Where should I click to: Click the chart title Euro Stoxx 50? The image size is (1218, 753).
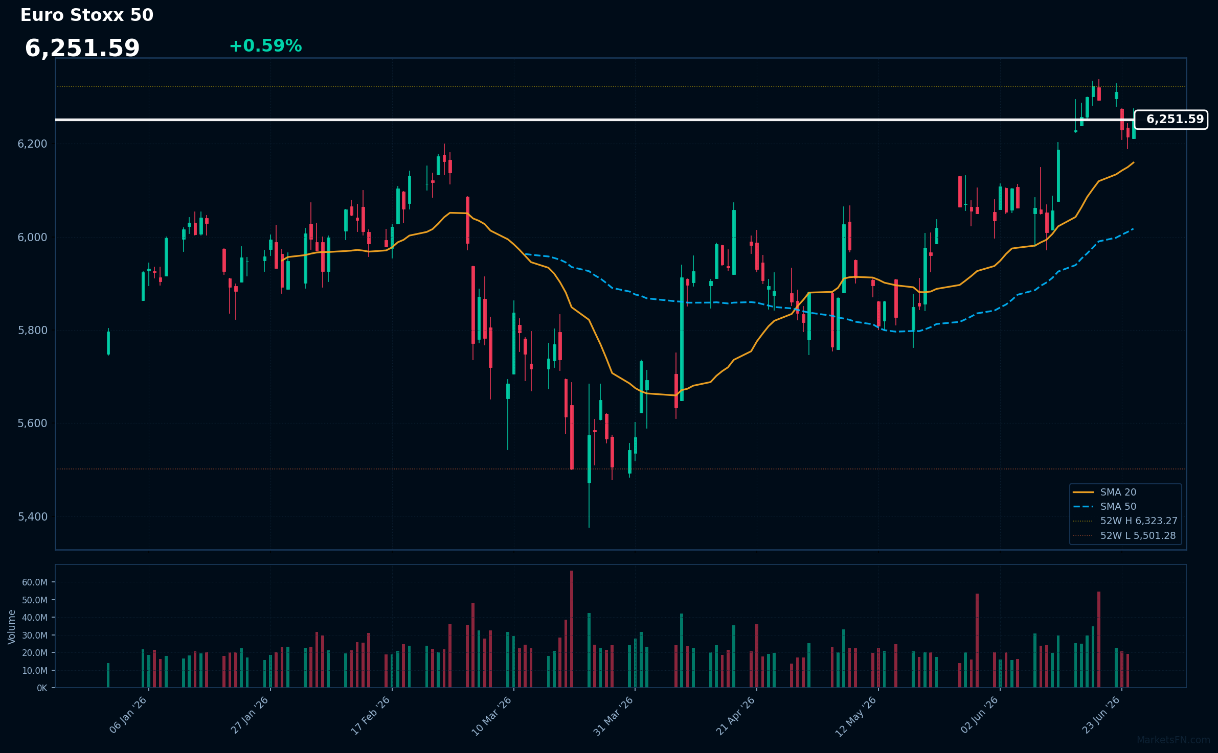87,15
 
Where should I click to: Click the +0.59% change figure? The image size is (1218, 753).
265,46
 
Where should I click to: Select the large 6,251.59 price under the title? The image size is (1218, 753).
82,49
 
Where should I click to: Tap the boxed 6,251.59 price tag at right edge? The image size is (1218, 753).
1171,120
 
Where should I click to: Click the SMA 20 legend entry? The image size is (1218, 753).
1118,492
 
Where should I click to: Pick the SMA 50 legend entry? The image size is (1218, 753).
1118,507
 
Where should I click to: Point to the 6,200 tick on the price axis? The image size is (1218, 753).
32,144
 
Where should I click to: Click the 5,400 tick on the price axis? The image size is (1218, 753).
32,517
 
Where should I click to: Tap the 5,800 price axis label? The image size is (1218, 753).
32,331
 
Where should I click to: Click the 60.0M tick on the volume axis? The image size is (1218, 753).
35,582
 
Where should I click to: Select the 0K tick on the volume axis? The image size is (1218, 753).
42,688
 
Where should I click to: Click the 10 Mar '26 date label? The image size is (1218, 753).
491,716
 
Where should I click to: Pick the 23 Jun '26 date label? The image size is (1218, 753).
1101,716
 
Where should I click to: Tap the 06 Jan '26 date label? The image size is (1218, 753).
128,716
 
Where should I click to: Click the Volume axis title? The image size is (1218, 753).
12,627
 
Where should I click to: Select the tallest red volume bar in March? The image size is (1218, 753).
572,629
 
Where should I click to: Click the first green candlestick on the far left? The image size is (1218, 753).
108,342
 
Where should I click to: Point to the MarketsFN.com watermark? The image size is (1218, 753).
1174,740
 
